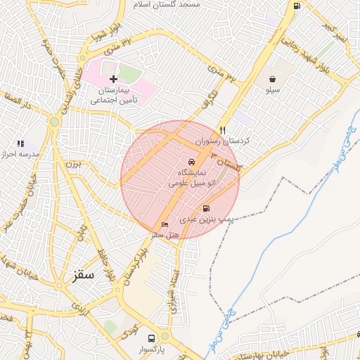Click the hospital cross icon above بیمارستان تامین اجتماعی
(113, 79)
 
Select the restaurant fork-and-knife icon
(223, 129)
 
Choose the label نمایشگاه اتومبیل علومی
(187, 177)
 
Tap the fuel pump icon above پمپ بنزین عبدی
(206, 208)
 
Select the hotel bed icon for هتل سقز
(165, 224)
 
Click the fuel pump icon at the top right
(297, 6)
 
